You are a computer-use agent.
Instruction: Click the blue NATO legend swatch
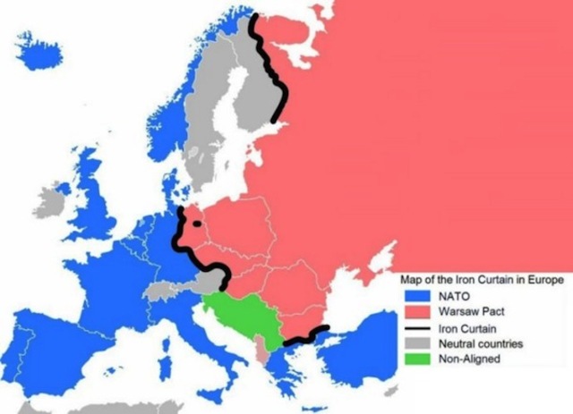point(415,296)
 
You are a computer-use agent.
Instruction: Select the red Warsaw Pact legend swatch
point(415,312)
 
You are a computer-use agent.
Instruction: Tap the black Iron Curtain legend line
point(415,328)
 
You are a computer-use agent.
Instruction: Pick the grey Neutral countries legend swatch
point(415,344)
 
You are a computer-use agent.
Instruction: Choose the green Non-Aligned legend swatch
point(415,360)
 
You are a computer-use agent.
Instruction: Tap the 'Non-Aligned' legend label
point(467,360)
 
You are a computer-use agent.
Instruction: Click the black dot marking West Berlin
point(196,225)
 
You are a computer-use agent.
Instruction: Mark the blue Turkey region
point(367,353)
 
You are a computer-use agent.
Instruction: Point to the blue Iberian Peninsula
point(54,340)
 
